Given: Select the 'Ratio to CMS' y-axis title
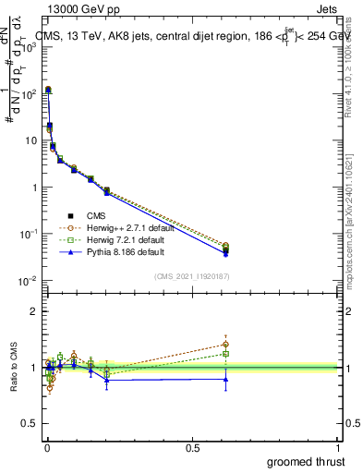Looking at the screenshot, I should coord(12,368).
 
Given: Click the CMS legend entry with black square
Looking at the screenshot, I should coord(97,216).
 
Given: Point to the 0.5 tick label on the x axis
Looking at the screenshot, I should coord(192,447).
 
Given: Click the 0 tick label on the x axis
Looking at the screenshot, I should coord(47,447).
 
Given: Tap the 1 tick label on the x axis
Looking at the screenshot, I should coord(338,447).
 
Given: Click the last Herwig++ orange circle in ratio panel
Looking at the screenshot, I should coord(225,345).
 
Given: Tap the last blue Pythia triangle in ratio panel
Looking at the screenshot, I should coord(225,379).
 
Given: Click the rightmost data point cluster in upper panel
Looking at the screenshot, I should coord(225,249).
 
